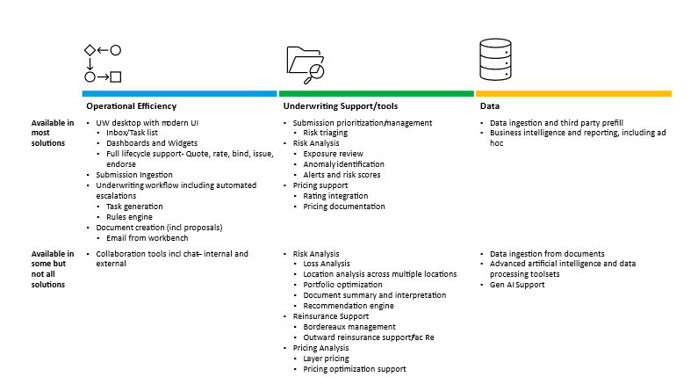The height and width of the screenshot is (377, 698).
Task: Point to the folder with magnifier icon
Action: click(x=306, y=62)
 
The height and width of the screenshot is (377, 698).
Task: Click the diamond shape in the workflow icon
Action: click(x=90, y=50)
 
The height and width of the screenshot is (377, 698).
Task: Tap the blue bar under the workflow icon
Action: click(x=179, y=93)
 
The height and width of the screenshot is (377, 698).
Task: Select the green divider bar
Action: click(x=376, y=93)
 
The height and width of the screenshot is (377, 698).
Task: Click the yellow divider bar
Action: click(x=573, y=93)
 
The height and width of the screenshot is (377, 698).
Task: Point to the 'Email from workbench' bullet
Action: click(x=147, y=238)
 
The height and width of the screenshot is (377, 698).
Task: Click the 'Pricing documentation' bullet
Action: click(x=343, y=207)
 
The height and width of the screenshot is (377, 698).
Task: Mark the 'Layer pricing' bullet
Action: click(x=326, y=359)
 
